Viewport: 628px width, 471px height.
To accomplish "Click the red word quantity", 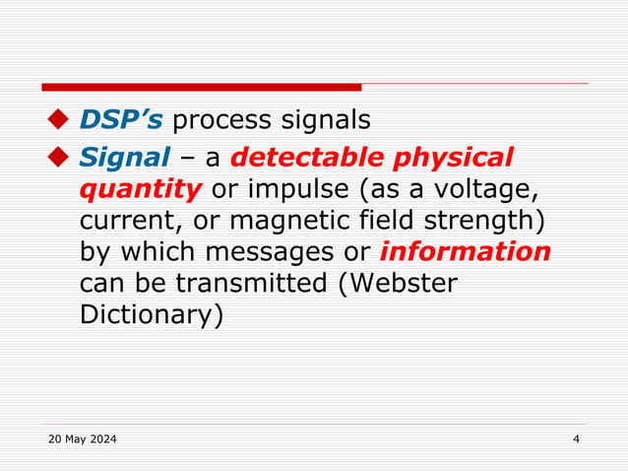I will click(x=140, y=188).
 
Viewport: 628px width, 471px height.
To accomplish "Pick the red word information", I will click(x=465, y=251).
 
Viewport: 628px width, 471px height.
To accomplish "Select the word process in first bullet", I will click(x=222, y=120).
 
